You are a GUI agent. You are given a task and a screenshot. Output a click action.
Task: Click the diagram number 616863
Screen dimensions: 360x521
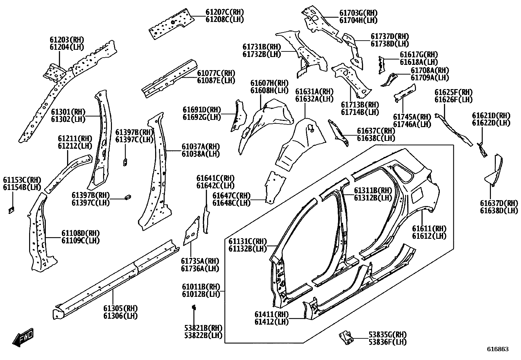pyautogui.click(x=498, y=349)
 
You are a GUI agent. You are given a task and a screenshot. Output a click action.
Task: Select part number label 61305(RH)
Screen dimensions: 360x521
pyautogui.click(x=120, y=308)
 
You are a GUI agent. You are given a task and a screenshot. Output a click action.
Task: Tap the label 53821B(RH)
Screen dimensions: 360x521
pyautogui.click(x=203, y=328)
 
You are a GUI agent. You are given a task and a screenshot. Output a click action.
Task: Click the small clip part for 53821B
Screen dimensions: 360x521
pyautogui.click(x=194, y=307)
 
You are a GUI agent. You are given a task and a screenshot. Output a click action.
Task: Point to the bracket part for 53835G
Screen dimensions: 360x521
pyautogui.click(x=346, y=337)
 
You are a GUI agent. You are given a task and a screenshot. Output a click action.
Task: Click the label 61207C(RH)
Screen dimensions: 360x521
pyautogui.click(x=225, y=12)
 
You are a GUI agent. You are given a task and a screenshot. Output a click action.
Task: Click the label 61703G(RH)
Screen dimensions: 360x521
pyautogui.click(x=358, y=13)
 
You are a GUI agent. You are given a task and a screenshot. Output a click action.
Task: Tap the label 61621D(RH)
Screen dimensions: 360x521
pyautogui.click(x=491, y=116)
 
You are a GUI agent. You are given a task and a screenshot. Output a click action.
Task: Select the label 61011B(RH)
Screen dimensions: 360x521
pyautogui.click(x=201, y=287)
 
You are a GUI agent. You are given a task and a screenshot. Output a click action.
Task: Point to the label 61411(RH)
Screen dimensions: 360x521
pyautogui.click(x=272, y=314)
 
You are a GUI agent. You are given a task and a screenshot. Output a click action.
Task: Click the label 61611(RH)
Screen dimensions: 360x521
pyautogui.click(x=429, y=228)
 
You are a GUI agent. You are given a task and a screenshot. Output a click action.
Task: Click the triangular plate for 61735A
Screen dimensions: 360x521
pyautogui.click(x=192, y=231)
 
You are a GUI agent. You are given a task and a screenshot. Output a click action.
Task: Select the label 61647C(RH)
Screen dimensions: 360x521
pyautogui.click(x=231, y=196)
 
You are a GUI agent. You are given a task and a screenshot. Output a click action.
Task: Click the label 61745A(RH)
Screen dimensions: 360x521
pyautogui.click(x=412, y=117)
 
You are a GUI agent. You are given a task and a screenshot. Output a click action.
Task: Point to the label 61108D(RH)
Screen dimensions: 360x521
pyautogui.click(x=81, y=233)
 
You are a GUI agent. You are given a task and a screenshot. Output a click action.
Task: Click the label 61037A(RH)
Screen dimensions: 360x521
pyautogui.click(x=201, y=146)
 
